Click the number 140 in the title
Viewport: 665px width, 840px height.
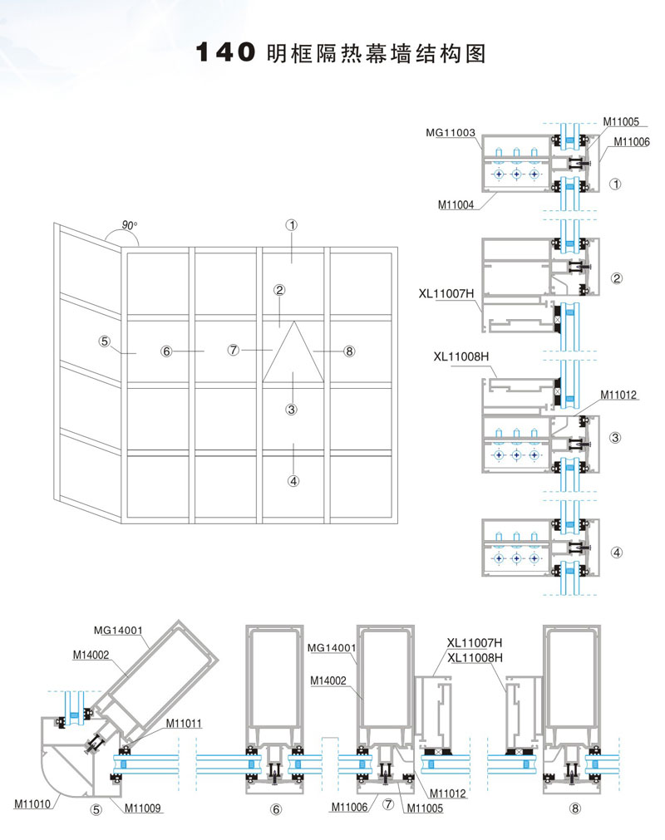(x=223, y=53)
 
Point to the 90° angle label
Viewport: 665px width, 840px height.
(x=129, y=225)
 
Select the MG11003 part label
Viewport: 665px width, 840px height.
(x=450, y=132)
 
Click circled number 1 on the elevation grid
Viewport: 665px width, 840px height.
(x=292, y=224)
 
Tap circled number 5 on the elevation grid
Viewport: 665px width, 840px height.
(x=104, y=341)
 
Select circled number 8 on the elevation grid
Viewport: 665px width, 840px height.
(x=349, y=351)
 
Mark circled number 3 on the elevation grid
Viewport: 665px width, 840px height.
(x=292, y=409)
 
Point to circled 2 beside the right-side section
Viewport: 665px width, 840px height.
(x=617, y=278)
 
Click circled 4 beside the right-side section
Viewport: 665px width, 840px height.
(x=616, y=552)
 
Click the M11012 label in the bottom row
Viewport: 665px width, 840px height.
(x=451, y=793)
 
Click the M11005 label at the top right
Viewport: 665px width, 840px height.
(x=621, y=121)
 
